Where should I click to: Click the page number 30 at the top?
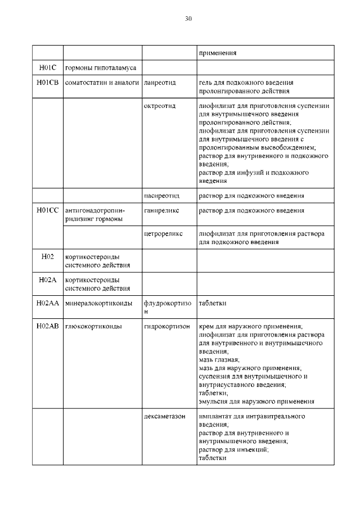188,19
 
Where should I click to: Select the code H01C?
48,68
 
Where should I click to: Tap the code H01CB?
48,83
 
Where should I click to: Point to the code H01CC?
48,210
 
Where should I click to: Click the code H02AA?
48,303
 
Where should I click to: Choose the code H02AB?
48,326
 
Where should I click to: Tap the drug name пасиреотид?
161,196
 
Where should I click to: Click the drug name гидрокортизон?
166,326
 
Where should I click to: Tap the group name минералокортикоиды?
99,303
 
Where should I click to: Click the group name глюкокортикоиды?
95,326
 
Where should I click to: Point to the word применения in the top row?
217,53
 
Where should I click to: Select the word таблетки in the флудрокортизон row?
213,303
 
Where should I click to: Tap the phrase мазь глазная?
219,359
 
